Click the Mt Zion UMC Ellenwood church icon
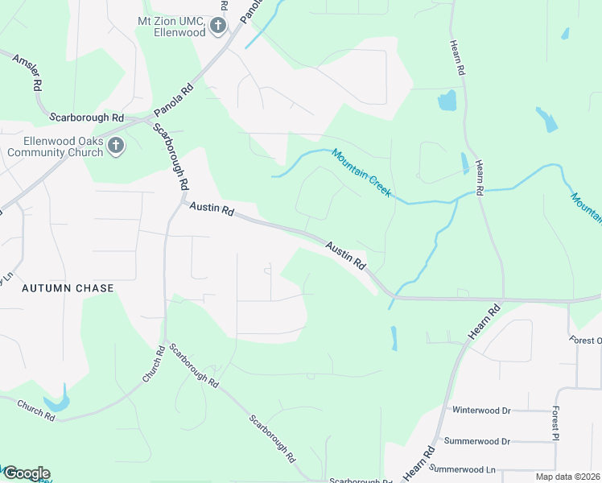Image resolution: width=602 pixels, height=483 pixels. (216, 27)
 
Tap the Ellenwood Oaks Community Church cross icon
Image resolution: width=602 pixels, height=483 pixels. (116, 147)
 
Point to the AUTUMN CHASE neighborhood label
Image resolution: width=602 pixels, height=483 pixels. (68, 287)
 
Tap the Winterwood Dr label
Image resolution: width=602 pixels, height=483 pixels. (481, 410)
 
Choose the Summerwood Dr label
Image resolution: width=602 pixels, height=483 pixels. (482, 441)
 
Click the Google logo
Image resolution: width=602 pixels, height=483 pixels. (26, 473)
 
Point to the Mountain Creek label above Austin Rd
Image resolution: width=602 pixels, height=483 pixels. (361, 172)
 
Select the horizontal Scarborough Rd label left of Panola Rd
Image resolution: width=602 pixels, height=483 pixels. (86, 117)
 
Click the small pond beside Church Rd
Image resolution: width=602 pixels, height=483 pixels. (57, 401)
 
